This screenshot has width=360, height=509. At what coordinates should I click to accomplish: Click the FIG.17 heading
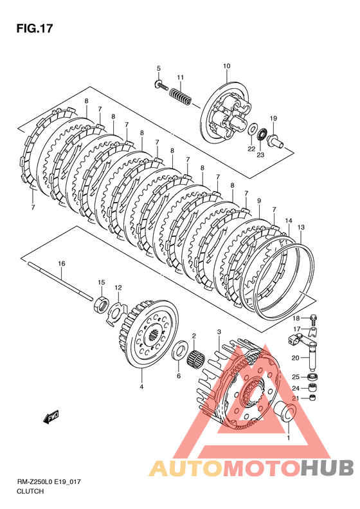click(35, 28)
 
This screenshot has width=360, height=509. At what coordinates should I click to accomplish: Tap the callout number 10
click(226, 66)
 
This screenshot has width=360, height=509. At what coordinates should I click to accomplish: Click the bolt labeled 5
click(161, 85)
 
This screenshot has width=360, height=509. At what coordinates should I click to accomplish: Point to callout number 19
click(273, 118)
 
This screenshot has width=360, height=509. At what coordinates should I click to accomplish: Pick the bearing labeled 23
click(262, 134)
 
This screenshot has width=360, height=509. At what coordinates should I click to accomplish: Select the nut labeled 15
click(101, 304)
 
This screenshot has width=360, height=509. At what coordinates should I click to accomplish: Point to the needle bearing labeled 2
click(197, 358)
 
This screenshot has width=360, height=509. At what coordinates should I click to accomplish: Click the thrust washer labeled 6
click(179, 350)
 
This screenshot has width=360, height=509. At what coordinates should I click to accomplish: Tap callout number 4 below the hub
click(141, 386)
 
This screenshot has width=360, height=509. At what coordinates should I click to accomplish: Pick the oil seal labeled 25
click(312, 376)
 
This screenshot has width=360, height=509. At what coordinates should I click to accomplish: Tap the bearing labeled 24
click(312, 387)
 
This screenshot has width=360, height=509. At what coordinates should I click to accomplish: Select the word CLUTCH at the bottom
click(30, 491)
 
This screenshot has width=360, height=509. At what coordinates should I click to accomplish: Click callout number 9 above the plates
click(259, 201)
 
